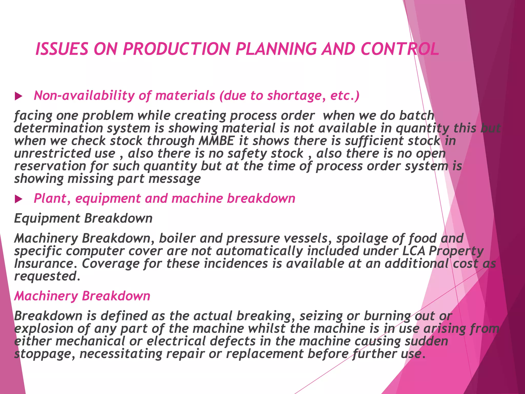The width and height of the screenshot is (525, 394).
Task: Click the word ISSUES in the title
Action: click(62, 49)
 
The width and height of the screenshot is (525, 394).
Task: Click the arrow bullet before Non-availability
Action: click(18, 96)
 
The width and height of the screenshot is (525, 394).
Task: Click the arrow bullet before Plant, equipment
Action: click(18, 199)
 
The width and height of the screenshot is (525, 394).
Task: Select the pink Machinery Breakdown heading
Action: click(82, 296)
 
